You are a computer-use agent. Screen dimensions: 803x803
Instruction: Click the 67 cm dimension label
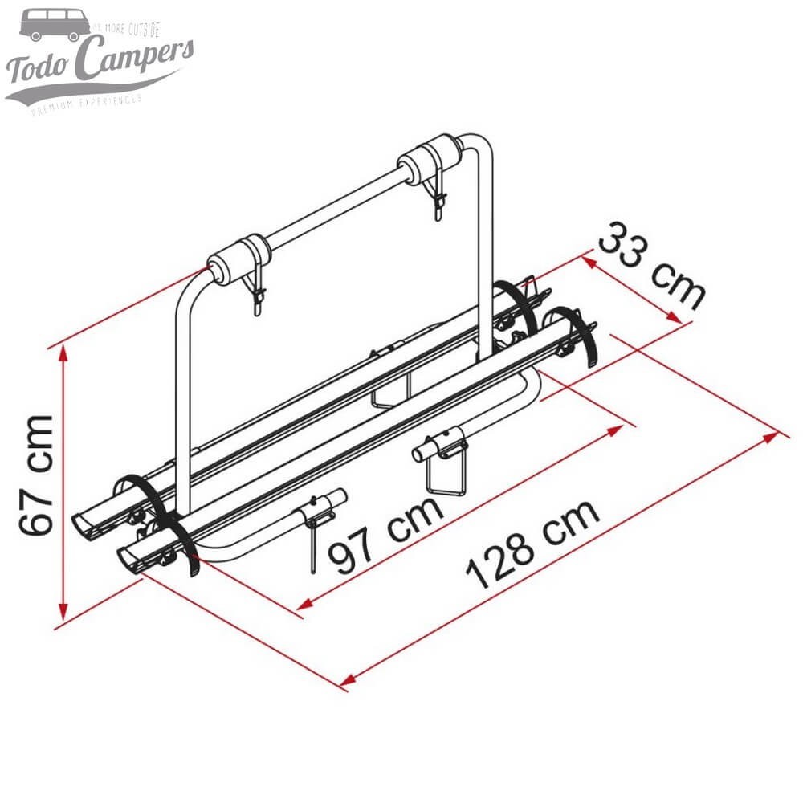coord(38,475)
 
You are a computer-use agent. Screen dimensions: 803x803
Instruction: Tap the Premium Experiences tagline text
coord(87,104)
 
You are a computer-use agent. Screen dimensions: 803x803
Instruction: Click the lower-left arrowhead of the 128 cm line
coord(346,683)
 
